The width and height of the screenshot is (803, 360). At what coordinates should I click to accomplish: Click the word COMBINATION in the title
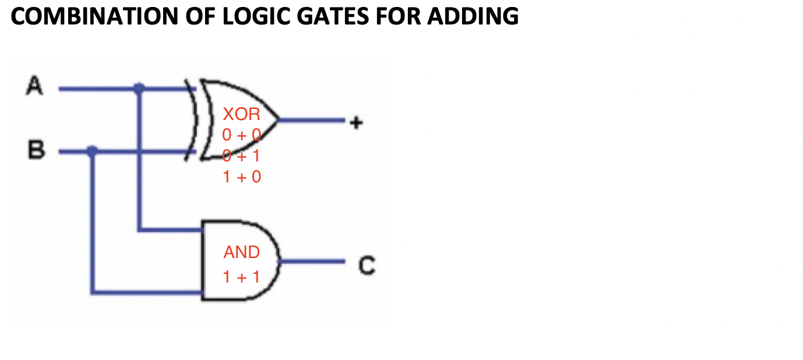tap(94, 16)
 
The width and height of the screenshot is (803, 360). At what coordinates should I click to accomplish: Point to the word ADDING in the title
tap(473, 16)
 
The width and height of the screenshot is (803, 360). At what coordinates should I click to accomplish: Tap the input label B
tap(36, 149)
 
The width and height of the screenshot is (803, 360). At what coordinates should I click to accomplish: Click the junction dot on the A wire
tap(139, 88)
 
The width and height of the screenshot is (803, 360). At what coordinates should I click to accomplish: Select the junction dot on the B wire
tap(92, 151)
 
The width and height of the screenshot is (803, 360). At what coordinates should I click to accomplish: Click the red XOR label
tap(241, 114)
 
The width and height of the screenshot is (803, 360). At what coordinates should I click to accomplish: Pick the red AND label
tap(241, 252)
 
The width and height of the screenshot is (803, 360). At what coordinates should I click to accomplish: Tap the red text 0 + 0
tap(241, 135)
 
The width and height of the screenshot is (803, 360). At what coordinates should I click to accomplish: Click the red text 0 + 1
tap(241, 156)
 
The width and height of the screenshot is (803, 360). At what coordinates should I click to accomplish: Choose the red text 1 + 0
tap(242, 177)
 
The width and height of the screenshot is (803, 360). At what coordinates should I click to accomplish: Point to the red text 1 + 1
tap(241, 277)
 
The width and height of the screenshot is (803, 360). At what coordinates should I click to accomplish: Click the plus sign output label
tap(356, 122)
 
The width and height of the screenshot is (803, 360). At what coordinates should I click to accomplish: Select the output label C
tap(367, 265)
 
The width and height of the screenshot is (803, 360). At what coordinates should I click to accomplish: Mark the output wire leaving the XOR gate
tap(311, 120)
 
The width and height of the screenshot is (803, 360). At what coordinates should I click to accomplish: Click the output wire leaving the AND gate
tap(312, 262)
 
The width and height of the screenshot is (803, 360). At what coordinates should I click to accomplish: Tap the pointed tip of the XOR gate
tap(278, 120)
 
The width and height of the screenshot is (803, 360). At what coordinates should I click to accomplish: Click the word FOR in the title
tap(397, 16)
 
